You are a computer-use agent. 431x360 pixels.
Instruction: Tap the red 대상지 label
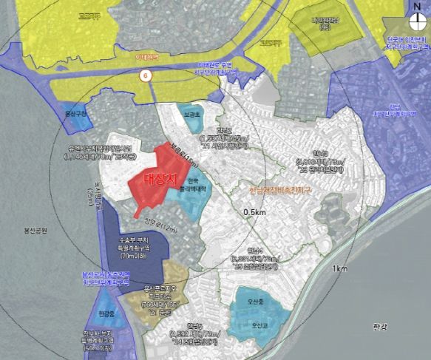pos(157,178)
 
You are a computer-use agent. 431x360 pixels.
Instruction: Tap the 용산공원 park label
pos(33,231)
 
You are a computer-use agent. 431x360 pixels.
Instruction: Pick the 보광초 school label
pos(193,115)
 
